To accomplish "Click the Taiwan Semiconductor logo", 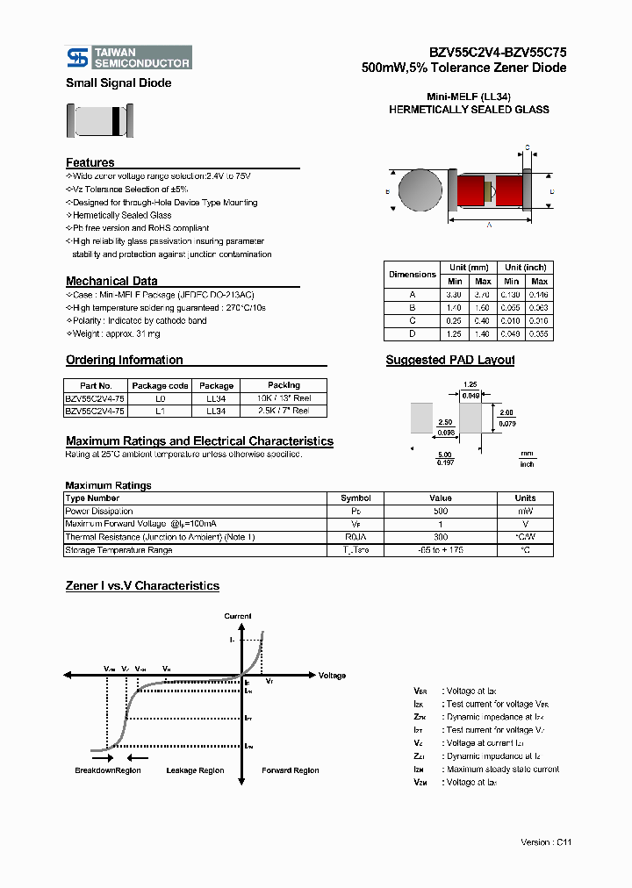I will point(129,58).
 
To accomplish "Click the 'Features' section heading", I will point(90,162).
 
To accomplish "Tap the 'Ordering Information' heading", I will point(124,360).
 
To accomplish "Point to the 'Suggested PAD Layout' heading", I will point(450,360).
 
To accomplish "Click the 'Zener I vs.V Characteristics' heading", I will point(142,585).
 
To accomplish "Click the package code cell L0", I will point(160,398).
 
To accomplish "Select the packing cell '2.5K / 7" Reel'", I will point(283,411).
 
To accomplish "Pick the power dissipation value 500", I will point(440,511).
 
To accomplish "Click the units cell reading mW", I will point(525,511).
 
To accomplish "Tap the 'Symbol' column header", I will point(355,498).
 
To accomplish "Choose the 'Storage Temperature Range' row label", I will point(118,550).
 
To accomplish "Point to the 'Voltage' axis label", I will point(332,676).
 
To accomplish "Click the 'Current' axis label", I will point(238,616).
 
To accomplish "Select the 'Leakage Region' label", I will point(195,770).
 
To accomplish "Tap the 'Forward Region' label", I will point(291,770).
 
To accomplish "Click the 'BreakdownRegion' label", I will point(107,770).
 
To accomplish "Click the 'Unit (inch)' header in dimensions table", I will point(525,268).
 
